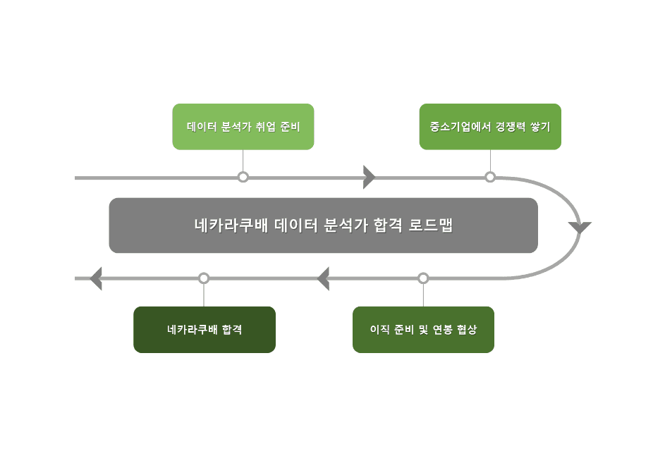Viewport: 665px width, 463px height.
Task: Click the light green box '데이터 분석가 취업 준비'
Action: (x=243, y=127)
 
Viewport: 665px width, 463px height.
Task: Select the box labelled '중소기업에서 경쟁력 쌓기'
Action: (x=490, y=127)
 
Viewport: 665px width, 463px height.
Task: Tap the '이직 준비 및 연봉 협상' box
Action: (x=423, y=329)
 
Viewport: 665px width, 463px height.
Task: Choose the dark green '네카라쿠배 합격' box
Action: (x=205, y=329)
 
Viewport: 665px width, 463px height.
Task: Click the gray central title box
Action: (x=323, y=226)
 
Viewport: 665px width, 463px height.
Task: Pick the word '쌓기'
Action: (x=540, y=128)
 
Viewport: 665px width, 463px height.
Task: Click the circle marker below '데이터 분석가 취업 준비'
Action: (x=243, y=177)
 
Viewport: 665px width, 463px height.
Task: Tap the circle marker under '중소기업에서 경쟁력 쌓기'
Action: (x=490, y=177)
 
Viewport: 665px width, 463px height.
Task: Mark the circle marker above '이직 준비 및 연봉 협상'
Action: (x=423, y=278)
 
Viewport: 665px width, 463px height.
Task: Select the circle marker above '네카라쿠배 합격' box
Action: (x=204, y=278)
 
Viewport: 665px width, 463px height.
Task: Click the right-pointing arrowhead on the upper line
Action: (x=368, y=177)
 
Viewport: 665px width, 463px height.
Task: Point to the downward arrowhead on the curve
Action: (x=580, y=228)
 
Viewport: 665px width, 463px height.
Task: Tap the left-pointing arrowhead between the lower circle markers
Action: (x=324, y=278)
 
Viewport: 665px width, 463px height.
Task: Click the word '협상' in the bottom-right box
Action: (x=466, y=329)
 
